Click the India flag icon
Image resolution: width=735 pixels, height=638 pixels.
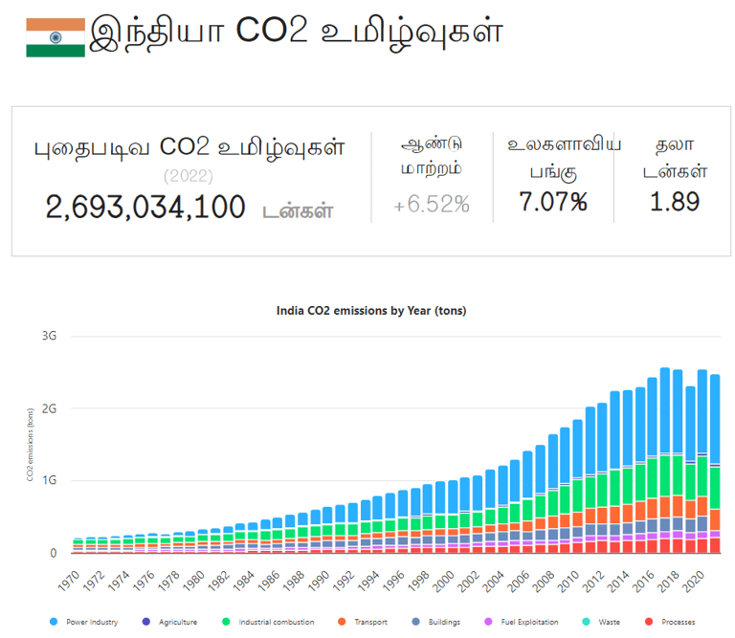point(56,37)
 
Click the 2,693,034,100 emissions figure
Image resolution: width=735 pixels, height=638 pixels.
point(145,207)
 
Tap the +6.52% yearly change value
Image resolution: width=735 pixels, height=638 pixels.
point(432,204)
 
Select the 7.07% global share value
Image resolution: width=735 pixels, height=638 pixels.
point(553,202)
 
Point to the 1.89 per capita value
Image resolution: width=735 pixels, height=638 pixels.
point(675,202)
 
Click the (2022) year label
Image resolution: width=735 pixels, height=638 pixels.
point(189,176)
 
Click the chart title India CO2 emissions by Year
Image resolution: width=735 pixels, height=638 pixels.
point(371,311)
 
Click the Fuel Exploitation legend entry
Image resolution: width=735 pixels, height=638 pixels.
point(527,623)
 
